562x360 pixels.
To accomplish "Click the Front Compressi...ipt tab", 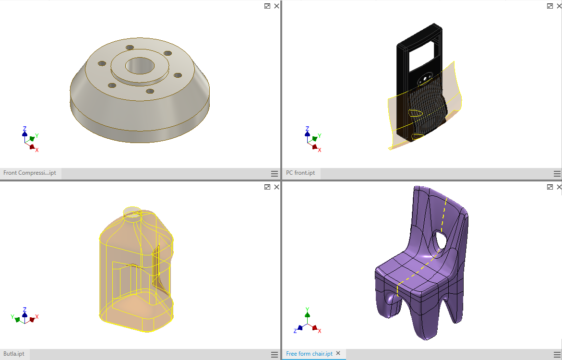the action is pos(30,173).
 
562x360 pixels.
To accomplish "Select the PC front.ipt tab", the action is pos(300,173).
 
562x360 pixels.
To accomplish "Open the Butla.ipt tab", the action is pos(14,354).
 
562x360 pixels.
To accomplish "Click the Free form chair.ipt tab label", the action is pos(309,354).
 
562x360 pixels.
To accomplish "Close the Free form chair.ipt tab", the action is pos(338,354).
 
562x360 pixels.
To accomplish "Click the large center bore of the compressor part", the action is pos(140,66).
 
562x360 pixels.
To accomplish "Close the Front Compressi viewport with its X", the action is pos(277,6).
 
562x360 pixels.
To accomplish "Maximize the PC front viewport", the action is pos(550,6).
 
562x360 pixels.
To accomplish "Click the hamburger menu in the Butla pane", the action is pos(275,355).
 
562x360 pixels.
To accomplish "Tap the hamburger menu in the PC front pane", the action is pos(557,174).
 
